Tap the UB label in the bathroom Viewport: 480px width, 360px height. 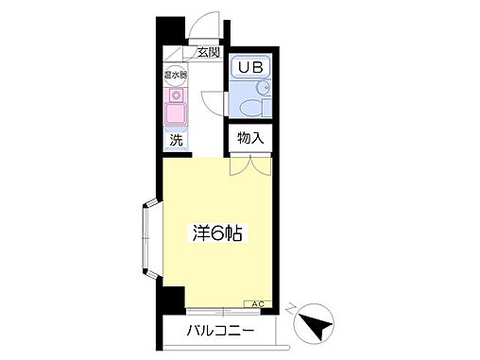250,67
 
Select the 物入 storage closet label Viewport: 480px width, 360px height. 250,138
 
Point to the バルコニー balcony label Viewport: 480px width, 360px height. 220,332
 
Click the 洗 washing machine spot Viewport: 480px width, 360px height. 177,141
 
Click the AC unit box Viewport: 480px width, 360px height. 257,304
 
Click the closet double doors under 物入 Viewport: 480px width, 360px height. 249,165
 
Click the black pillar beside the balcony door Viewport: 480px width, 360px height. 170,301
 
